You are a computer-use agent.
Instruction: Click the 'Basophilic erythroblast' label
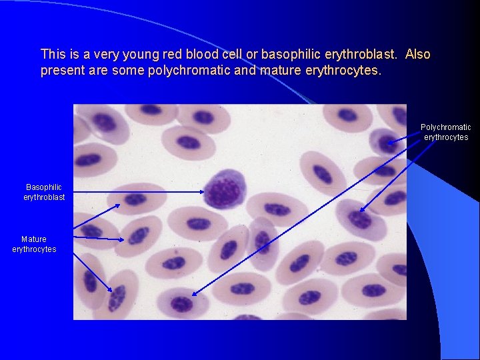tap(44, 192)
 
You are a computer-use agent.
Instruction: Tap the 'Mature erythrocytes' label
tap(34, 244)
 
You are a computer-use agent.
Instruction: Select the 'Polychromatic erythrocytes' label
tap(445, 132)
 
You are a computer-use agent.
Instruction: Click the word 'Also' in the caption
tap(418, 54)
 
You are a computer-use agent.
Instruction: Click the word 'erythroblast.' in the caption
tap(364, 54)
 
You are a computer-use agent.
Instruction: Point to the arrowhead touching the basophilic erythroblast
tap(201, 192)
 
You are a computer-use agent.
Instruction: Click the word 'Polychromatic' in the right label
tap(445, 127)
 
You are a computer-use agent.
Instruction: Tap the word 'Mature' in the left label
tap(34, 239)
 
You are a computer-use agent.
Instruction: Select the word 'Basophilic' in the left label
tap(44, 187)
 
